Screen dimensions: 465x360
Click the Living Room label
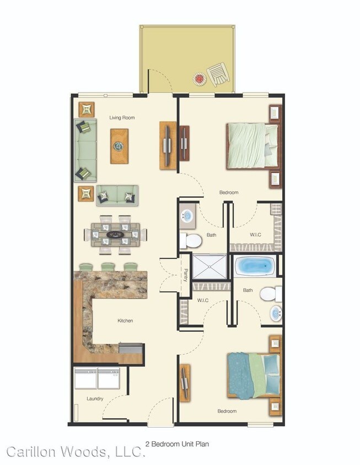122,117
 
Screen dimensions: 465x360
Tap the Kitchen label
125,320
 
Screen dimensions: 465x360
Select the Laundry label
95,398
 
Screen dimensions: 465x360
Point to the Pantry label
185,275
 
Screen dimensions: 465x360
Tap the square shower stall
209,267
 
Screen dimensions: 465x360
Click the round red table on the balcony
198,79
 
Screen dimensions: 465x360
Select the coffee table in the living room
119,146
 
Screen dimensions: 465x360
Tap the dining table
116,235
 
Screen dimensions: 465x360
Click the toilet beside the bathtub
270,294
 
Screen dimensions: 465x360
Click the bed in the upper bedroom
251,145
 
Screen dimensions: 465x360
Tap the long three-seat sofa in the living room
85,150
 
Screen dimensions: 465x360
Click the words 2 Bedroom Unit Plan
177,443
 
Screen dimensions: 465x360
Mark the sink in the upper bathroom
186,216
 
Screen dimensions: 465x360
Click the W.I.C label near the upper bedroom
255,235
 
